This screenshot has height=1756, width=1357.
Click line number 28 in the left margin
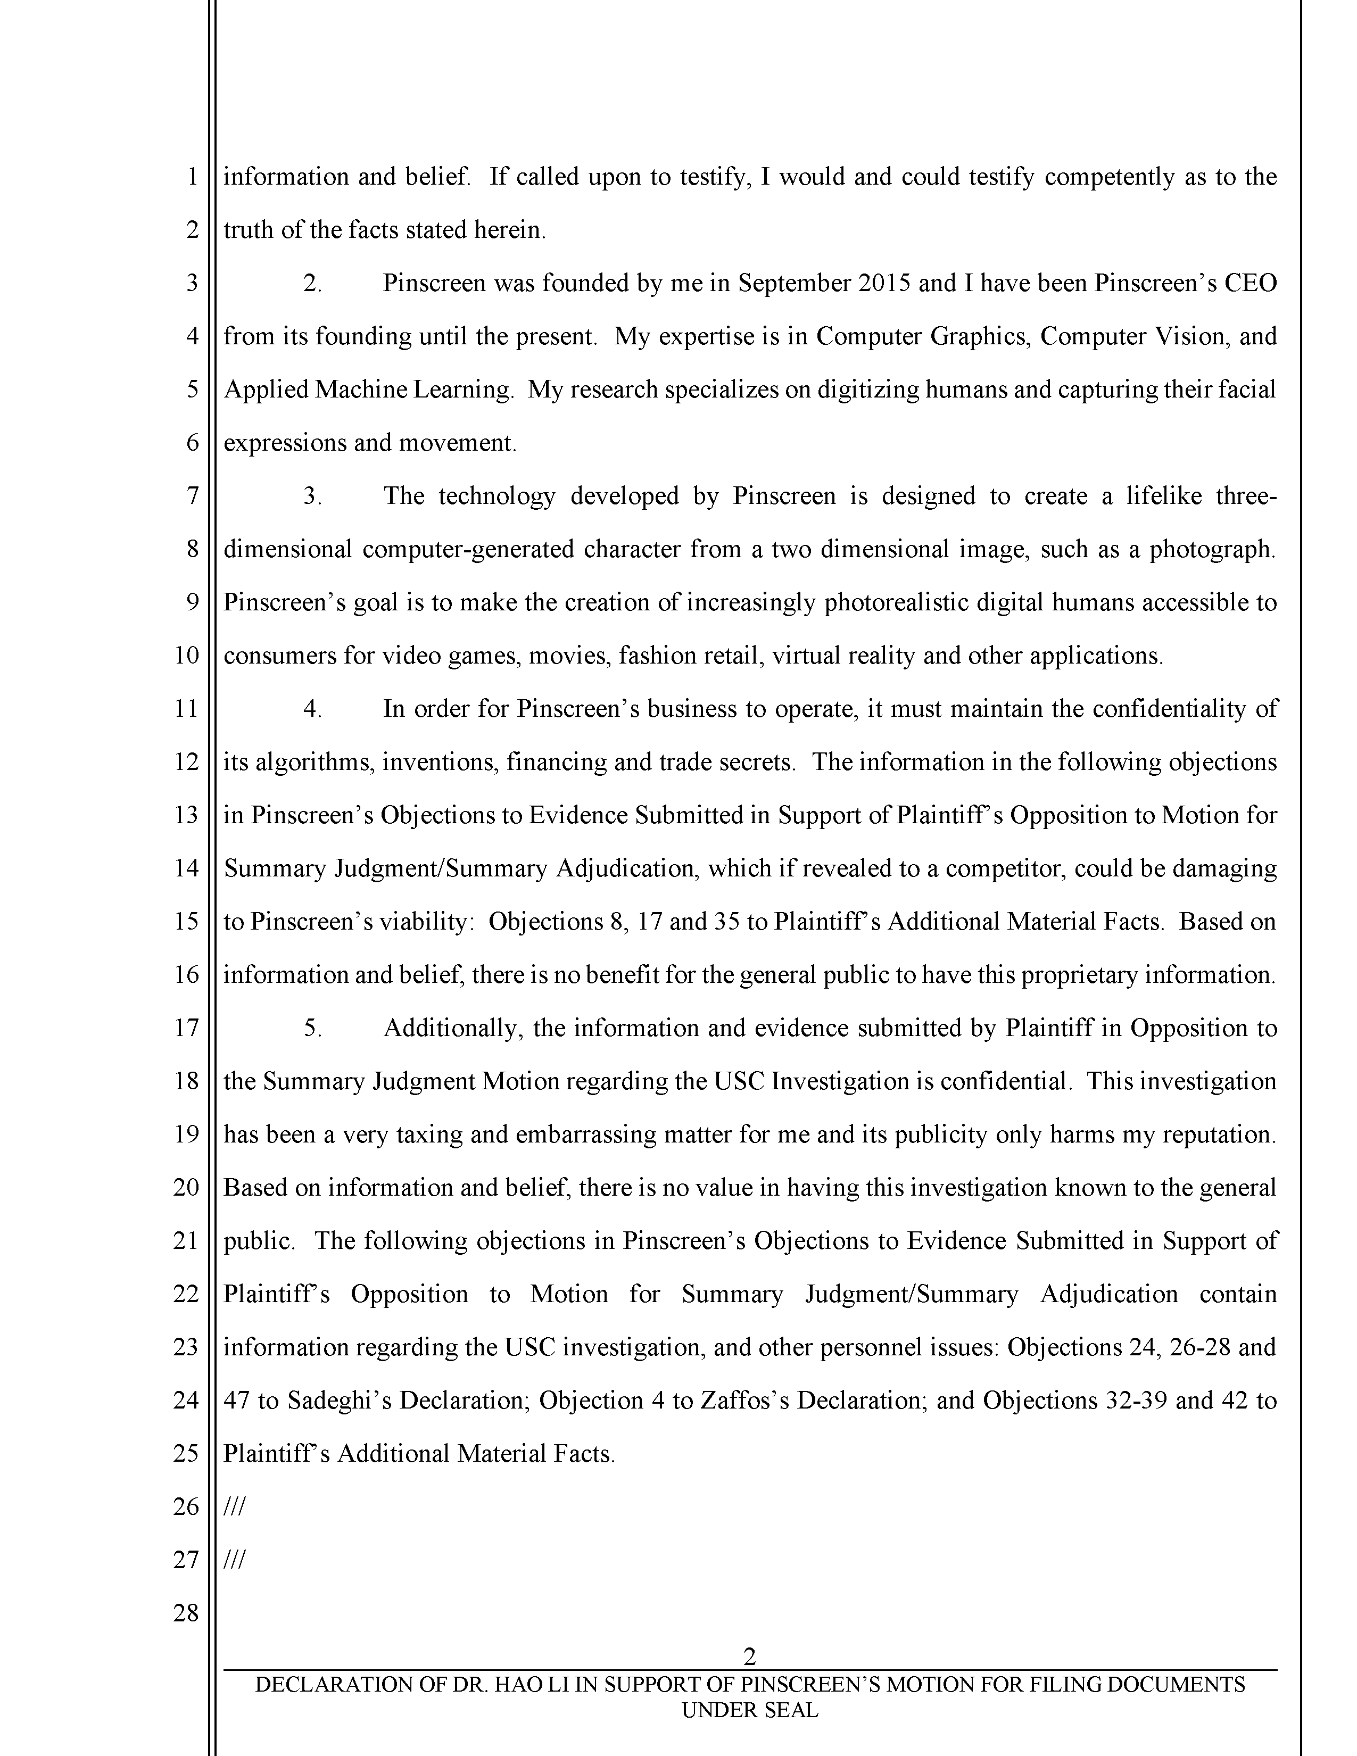point(186,1613)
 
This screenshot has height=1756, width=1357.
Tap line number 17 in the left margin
point(186,1028)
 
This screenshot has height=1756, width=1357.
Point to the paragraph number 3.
point(312,496)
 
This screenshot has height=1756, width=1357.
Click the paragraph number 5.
point(312,1028)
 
